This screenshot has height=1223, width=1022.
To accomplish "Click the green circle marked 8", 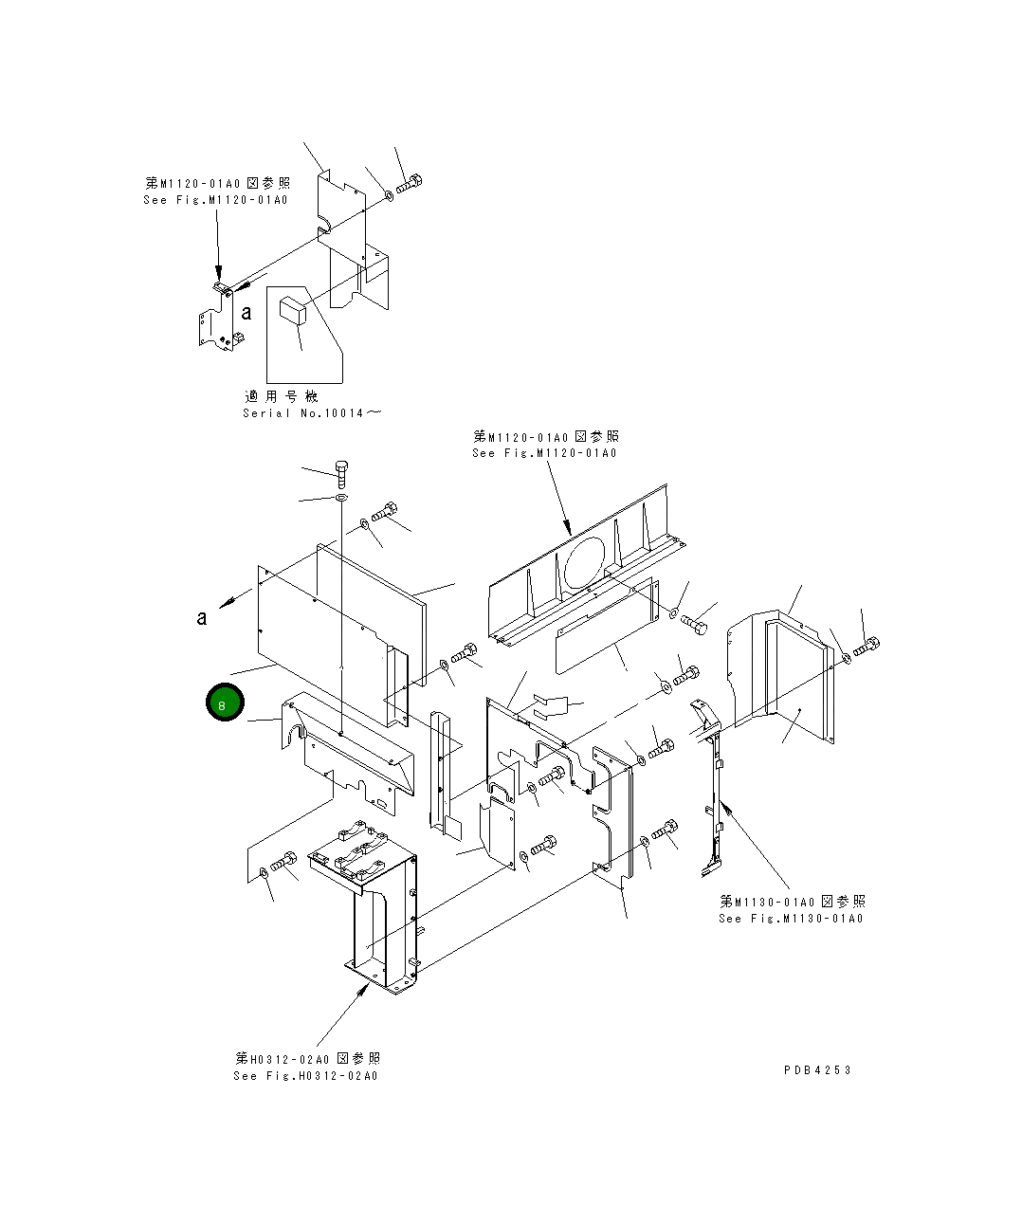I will [x=225, y=703].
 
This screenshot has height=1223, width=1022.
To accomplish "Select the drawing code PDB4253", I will [x=817, y=1069].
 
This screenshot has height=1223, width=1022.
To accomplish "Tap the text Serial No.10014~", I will [x=313, y=413].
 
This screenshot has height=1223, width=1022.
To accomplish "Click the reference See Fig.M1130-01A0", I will [x=791, y=918].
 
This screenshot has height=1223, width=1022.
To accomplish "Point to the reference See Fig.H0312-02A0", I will [x=305, y=1075].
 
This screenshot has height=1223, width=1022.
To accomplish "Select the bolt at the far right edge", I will [x=867, y=648].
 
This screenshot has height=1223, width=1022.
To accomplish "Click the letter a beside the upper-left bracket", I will [x=246, y=312].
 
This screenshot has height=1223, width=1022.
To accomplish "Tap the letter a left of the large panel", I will [x=202, y=617].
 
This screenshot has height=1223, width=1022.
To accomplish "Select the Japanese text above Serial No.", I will [x=282, y=396].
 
